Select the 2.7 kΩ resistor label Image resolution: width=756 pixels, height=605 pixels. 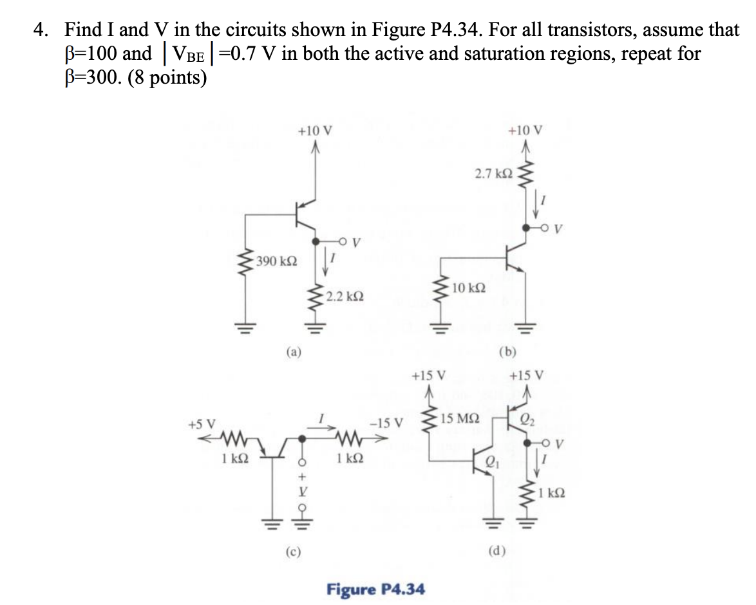pyautogui.click(x=494, y=174)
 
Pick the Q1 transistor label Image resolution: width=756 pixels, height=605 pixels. pyautogui.click(x=491, y=459)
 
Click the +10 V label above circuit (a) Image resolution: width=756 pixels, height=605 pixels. pyautogui.click(x=315, y=131)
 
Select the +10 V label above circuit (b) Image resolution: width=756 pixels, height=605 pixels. pyautogui.click(x=525, y=131)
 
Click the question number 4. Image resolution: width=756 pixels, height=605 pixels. pyautogui.click(x=42, y=30)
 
